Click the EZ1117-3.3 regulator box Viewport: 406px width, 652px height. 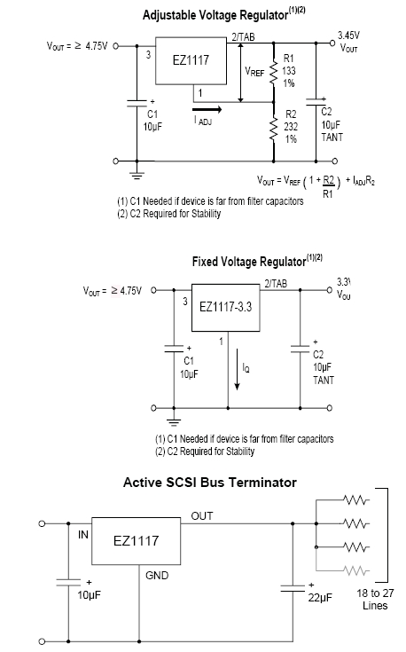(x=226, y=307)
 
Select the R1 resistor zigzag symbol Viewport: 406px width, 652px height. (x=273, y=73)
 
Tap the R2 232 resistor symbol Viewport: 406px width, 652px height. (x=273, y=130)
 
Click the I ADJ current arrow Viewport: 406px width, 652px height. (x=207, y=110)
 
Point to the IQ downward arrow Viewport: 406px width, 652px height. (x=237, y=369)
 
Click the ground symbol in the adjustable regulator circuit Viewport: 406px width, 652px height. (x=137, y=175)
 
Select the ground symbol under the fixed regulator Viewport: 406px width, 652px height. (x=174, y=422)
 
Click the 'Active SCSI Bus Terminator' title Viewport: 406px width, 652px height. (x=210, y=483)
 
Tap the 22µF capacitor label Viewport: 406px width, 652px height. (x=320, y=597)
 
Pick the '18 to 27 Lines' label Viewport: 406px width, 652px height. (x=375, y=599)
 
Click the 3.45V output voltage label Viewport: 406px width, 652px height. (x=348, y=35)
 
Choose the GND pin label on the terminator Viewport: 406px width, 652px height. (x=157, y=576)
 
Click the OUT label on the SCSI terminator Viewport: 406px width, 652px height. (x=202, y=516)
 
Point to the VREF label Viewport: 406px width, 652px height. (x=254, y=72)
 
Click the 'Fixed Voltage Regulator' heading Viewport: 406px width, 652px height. (x=248, y=262)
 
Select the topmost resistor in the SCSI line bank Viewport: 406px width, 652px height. (x=356, y=499)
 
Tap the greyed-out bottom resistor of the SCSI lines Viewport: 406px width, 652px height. (x=356, y=570)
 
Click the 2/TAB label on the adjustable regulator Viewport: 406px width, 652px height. (x=243, y=37)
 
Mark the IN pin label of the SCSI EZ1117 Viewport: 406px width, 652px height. (x=83, y=535)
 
